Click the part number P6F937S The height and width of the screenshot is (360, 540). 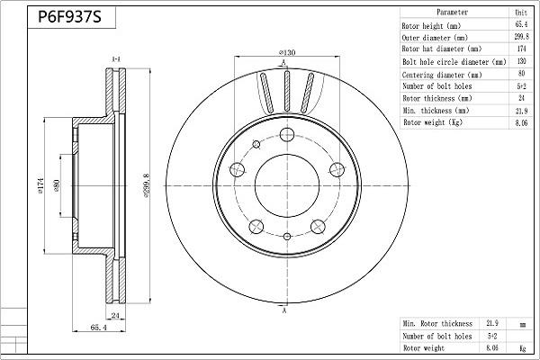[69, 16]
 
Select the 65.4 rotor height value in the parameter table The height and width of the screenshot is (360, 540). [521, 24]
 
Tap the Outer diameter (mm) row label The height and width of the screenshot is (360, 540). [435, 38]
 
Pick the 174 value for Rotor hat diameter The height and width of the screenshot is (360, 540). [521, 49]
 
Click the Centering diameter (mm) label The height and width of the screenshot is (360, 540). [442, 75]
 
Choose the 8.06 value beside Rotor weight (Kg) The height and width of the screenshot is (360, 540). [521, 122]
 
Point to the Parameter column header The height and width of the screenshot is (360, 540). [452, 12]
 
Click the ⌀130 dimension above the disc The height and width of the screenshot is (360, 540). [287, 52]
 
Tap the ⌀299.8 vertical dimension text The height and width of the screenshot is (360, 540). [147, 185]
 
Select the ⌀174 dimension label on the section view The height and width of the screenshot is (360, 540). [40, 185]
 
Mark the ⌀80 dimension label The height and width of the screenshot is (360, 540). [57, 186]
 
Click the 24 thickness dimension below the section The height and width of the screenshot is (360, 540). [115, 315]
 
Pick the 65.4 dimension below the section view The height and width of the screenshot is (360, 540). [98, 328]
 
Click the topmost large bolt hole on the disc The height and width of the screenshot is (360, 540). [287, 134]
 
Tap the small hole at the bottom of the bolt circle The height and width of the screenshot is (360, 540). [287, 237]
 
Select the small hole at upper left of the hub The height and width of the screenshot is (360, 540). [256, 144]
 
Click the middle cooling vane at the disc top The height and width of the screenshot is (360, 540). [287, 91]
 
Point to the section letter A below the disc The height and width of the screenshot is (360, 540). [284, 310]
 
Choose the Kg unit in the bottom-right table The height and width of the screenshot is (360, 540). [523, 348]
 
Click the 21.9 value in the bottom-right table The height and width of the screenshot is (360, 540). [492, 323]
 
